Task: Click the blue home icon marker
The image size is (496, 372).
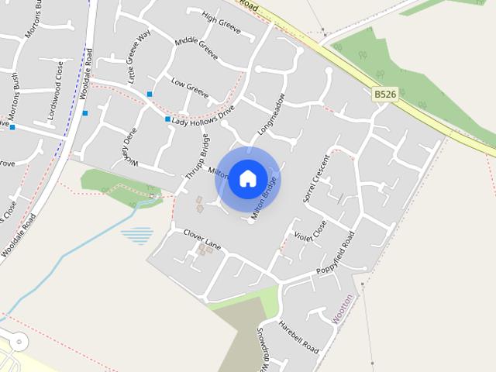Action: click(248, 178)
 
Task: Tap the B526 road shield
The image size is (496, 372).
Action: click(385, 94)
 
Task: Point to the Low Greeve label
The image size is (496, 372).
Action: click(190, 88)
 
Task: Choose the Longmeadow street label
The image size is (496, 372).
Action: click(272, 114)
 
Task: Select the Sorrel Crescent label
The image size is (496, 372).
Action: click(318, 179)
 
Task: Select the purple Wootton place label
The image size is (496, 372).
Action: click(343, 308)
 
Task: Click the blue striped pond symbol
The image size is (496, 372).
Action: click(137, 235)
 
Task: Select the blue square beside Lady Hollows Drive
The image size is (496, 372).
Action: click(167, 119)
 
